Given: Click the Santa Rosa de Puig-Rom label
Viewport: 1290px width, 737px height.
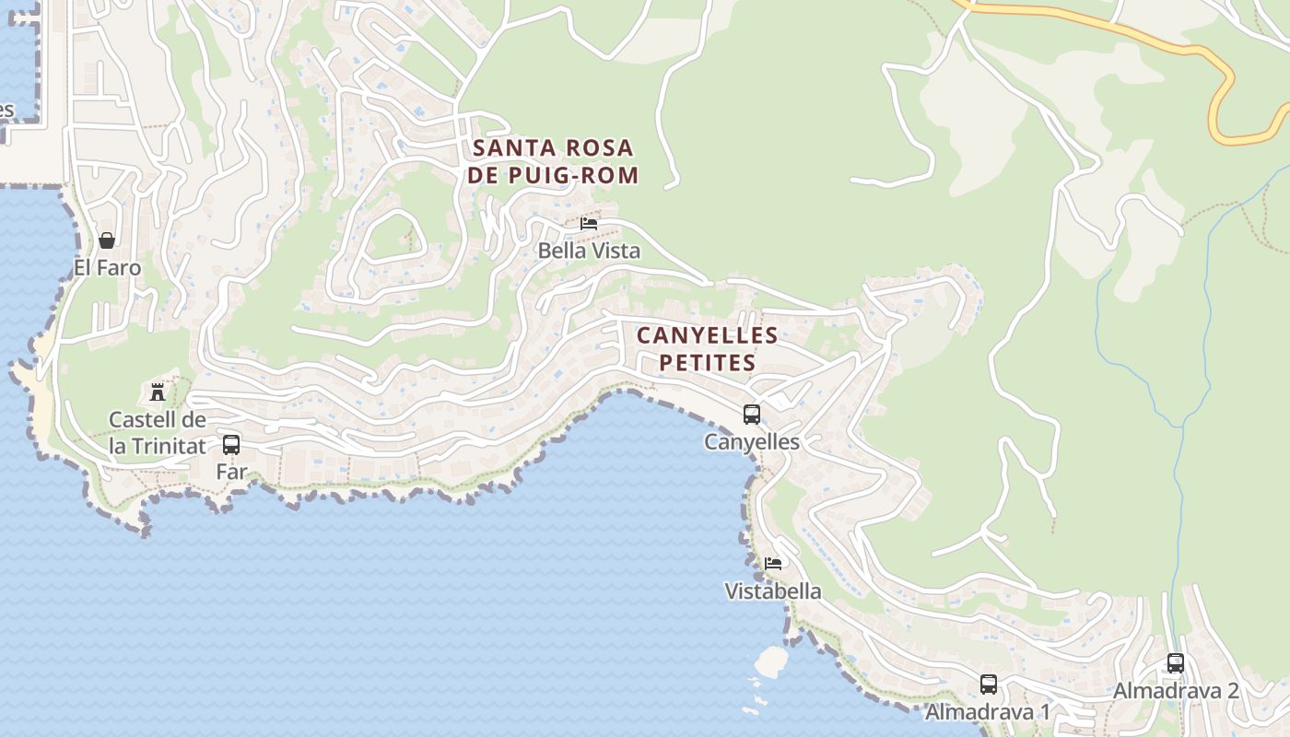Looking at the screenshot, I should pos(552,161).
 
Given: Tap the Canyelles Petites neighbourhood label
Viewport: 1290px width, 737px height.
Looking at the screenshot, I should pos(707,348).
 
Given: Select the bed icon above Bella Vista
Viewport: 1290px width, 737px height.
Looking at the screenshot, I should pos(589,224).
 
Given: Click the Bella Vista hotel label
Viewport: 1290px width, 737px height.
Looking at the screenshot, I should pos(589,251).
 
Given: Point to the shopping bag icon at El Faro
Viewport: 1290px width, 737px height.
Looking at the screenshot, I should pos(107,240).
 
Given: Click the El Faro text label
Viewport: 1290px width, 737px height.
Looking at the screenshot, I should pos(108,268).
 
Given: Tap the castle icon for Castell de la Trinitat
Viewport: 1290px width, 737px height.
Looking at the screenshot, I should pos(158,392).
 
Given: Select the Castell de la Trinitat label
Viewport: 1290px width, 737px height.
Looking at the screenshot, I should pos(158,433).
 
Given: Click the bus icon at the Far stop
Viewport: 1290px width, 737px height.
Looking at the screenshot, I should pos(231,445).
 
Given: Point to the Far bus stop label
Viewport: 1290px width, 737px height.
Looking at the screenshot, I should pos(231,472).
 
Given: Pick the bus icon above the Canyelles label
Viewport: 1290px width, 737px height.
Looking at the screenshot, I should pos(752,415).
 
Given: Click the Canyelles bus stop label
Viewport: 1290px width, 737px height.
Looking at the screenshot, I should pos(752,442).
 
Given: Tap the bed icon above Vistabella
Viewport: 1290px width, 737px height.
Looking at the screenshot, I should pos(773,563).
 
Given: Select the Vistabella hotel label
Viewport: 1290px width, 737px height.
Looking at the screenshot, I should pos(773,591).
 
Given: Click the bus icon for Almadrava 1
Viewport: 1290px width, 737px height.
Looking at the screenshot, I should pos(989,684).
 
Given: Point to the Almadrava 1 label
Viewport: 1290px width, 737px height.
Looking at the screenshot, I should pos(988,712).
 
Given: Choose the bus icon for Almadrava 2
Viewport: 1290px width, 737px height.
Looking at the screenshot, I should pos(1176,663).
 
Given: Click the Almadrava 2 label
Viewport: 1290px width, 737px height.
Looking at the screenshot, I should pos(1176,691).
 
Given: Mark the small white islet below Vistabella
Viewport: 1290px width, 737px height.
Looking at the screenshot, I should pos(771,660).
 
